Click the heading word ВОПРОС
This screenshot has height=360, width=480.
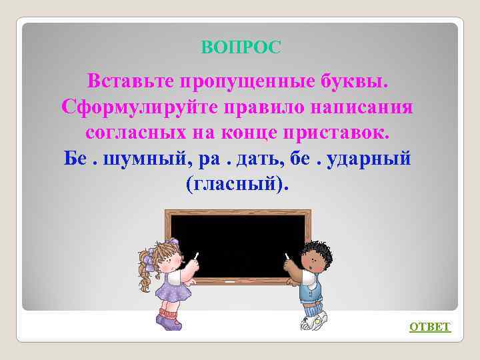tap(241, 47)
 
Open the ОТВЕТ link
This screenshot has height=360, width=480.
tap(429, 327)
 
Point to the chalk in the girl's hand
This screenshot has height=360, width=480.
tap(196, 255)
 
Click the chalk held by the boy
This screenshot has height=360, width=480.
tap(287, 256)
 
